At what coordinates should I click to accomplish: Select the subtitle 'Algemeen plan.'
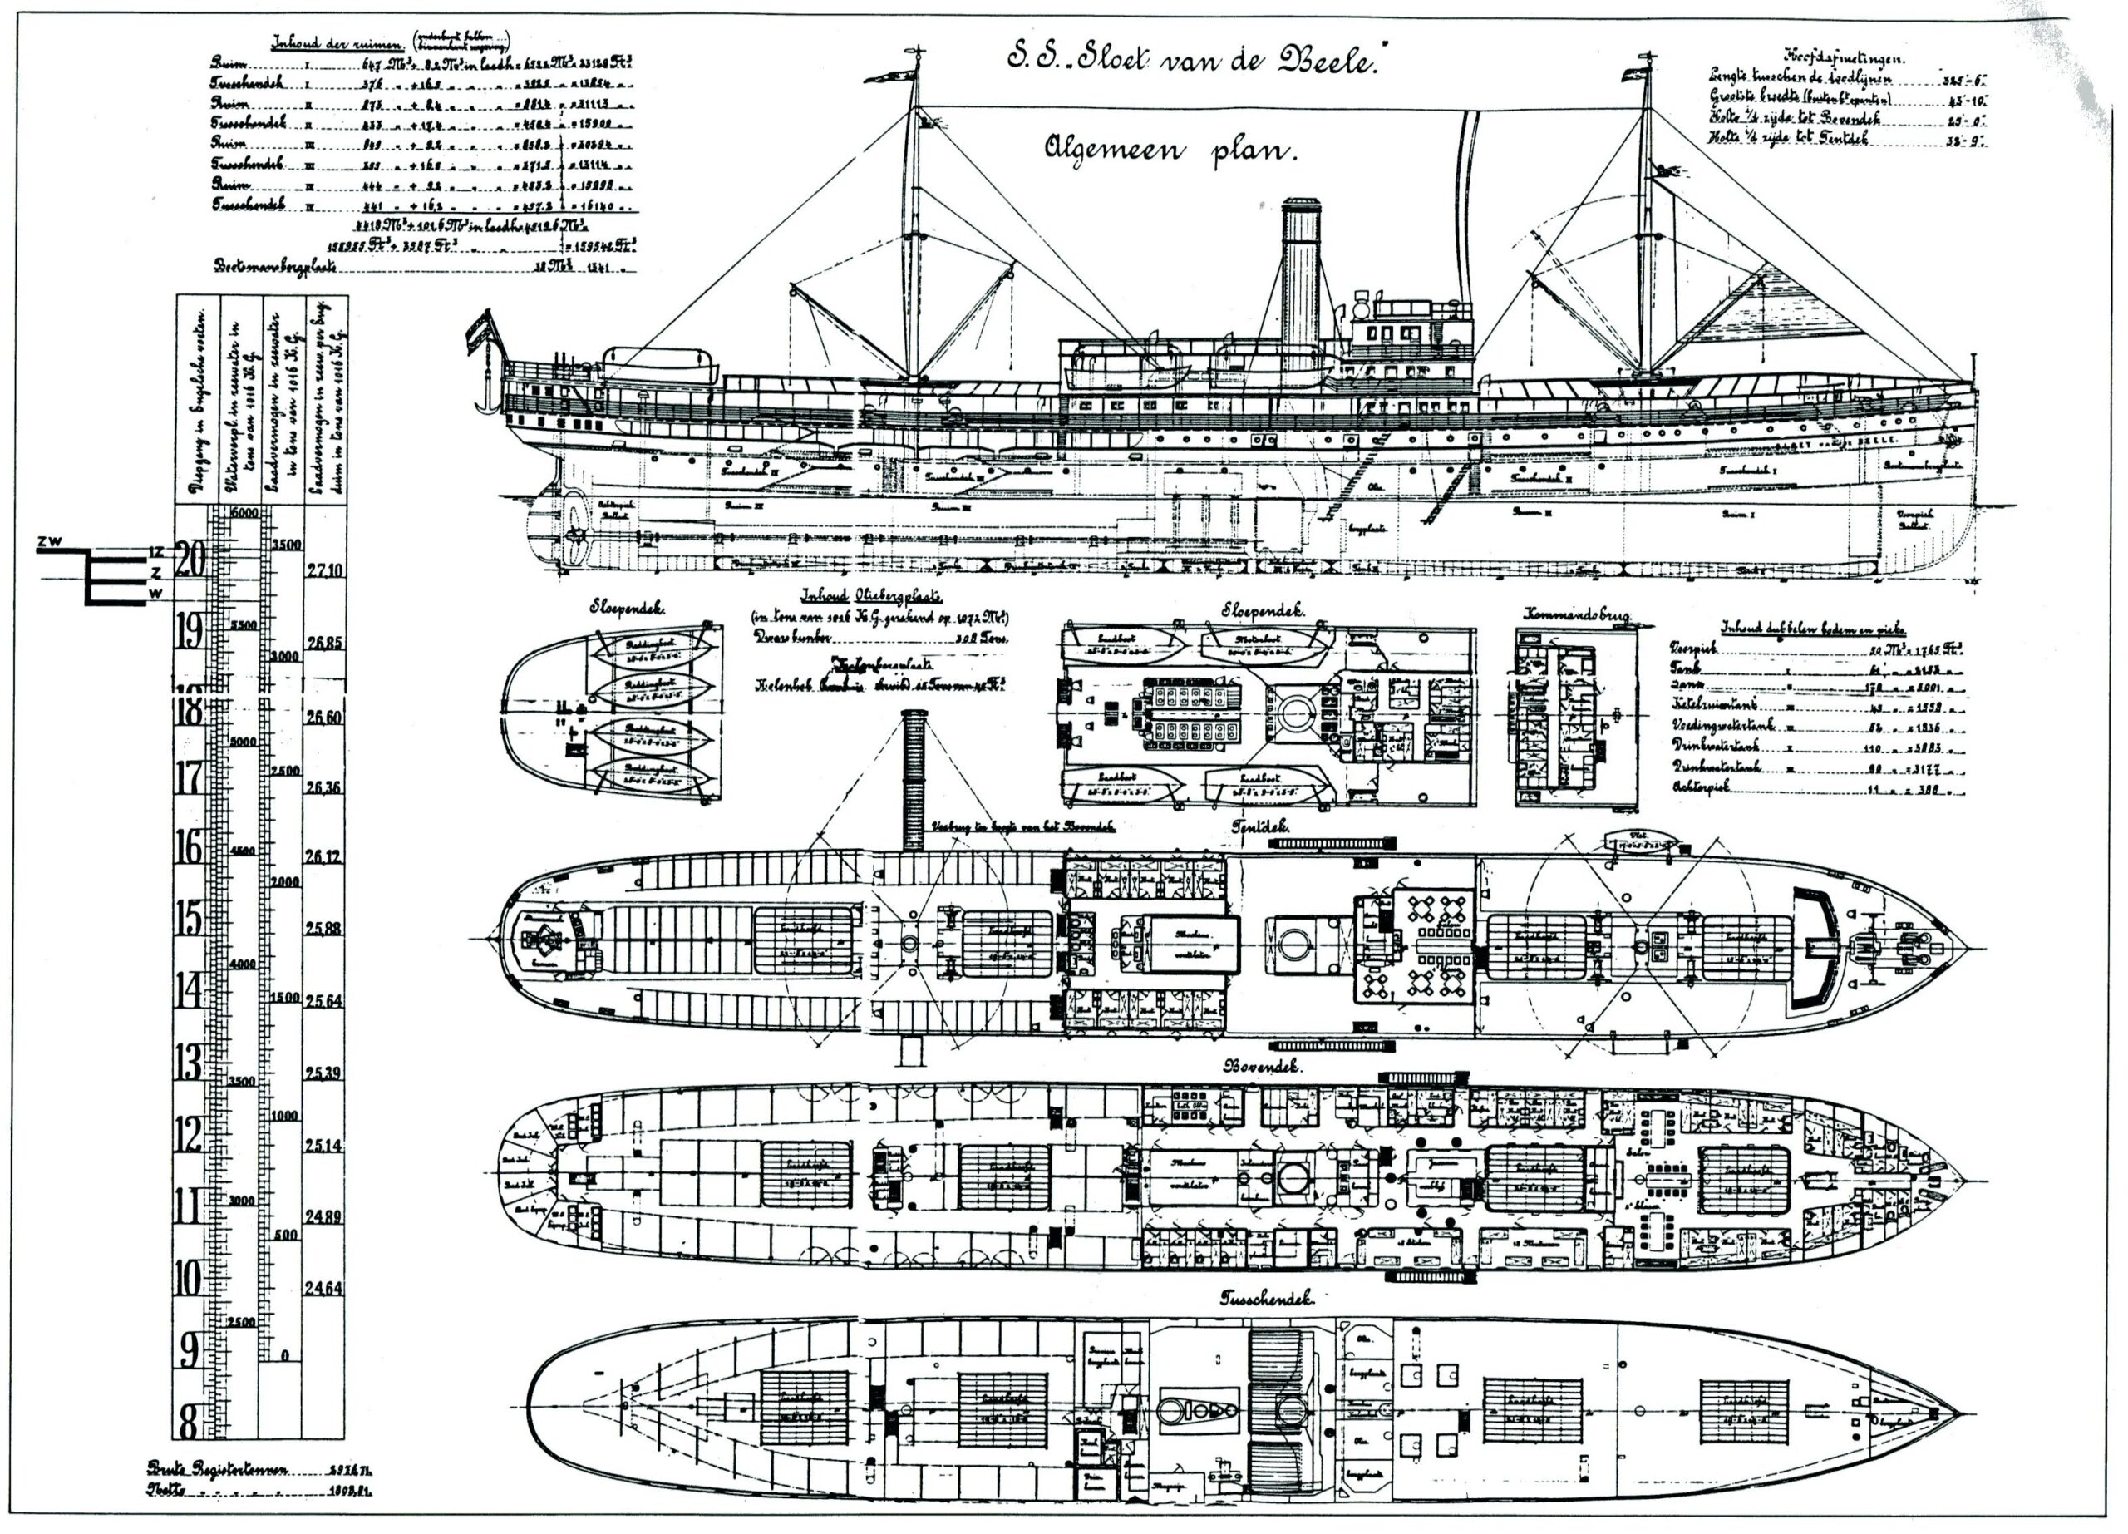pos(1170,150)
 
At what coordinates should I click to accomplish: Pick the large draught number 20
pos(190,560)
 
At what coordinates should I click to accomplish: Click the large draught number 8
pos(189,1422)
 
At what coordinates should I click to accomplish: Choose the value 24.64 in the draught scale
pos(323,1288)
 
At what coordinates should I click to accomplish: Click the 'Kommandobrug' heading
pos(1574,615)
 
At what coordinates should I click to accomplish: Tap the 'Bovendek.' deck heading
pos(1254,1067)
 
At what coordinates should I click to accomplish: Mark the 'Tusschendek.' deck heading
pos(1266,1300)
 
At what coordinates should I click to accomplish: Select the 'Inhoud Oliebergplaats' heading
pos(872,598)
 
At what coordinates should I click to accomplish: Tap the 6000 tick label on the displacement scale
pos(245,514)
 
